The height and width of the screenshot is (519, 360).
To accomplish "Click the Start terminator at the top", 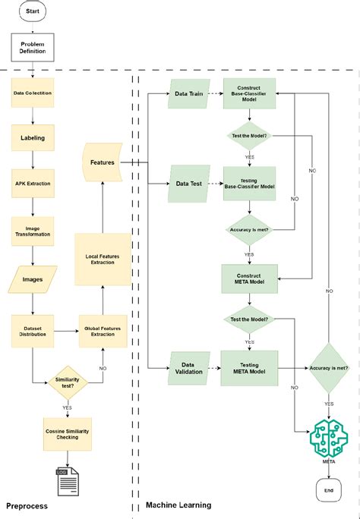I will pos(33,11).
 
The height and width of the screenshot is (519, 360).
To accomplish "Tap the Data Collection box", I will pos(33,93).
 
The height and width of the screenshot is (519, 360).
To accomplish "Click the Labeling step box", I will pos(33,138).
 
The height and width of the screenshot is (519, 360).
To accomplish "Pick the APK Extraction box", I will pos(33,184).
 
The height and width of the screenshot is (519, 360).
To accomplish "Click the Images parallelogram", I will pos(33,278).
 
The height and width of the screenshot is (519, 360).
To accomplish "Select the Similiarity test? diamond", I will pos(68,381).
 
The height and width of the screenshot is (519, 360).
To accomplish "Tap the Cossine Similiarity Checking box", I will pos(68,433).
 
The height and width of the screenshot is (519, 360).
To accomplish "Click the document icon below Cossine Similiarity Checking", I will pos(69,480).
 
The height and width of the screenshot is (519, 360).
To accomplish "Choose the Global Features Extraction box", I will pos(103,331).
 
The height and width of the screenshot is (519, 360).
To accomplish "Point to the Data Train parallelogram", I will pos(189,94).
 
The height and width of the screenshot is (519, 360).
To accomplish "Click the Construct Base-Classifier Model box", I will pos(248,94).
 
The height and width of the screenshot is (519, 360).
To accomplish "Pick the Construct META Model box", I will pos(248,278).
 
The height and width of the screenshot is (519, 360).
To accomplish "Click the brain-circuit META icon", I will pos(329,438).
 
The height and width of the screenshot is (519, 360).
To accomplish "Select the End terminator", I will pos(329,489).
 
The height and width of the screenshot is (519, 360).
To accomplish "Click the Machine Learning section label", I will pos(178,505).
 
